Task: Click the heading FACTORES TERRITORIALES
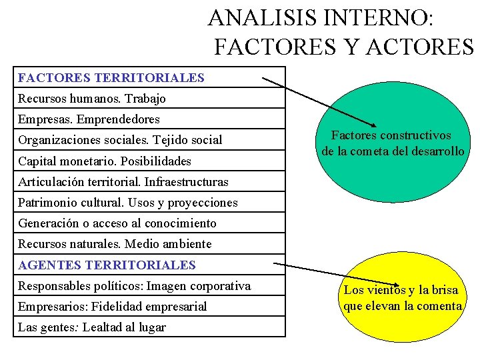(x=111, y=77)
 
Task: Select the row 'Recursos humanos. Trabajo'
(x=92, y=99)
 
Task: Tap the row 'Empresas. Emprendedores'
(x=89, y=119)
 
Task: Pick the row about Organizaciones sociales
(x=120, y=140)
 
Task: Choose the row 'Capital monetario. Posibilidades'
(x=105, y=161)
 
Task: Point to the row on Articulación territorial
(x=123, y=182)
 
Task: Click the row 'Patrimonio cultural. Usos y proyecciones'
(x=128, y=203)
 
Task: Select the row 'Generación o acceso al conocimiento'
(x=117, y=223)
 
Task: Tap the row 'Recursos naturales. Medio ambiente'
(x=115, y=244)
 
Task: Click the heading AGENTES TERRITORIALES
(x=107, y=265)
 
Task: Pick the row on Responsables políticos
(x=135, y=286)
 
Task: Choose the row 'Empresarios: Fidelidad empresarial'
(x=113, y=307)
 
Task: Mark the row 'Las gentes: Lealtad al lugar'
(x=92, y=327)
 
